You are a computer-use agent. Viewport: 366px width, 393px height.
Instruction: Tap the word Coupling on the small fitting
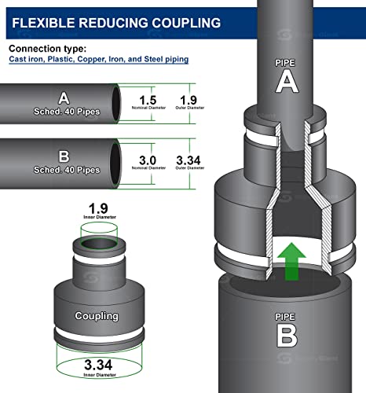(x=97, y=316)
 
